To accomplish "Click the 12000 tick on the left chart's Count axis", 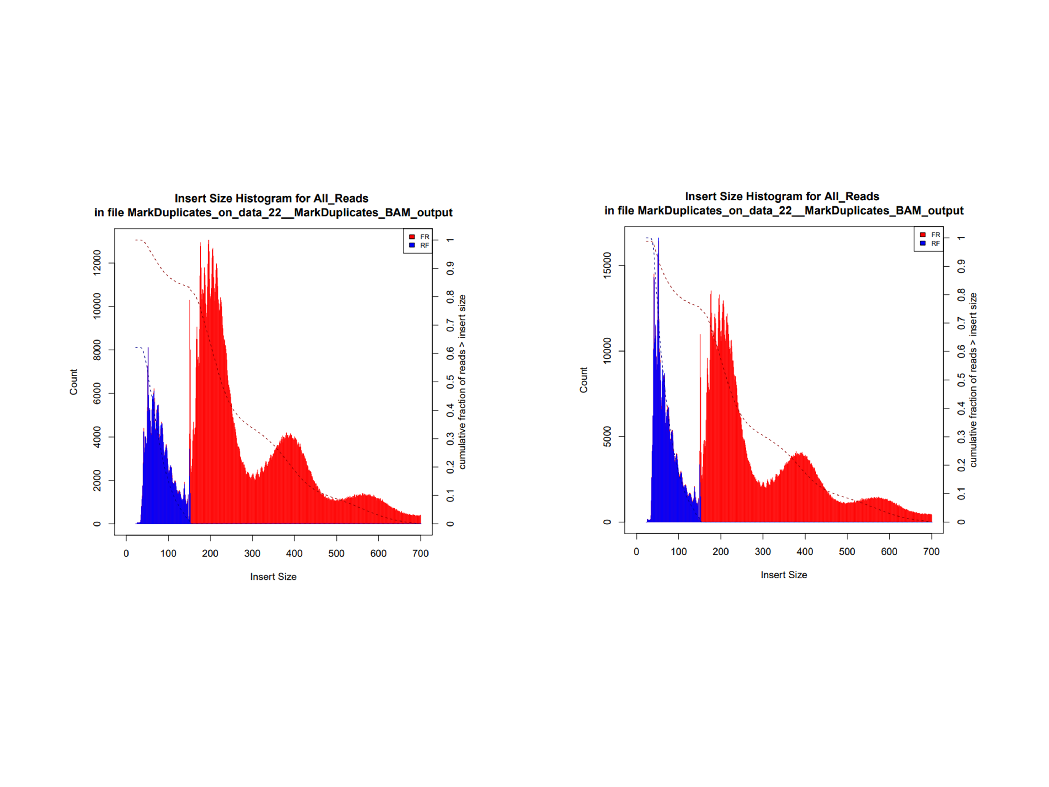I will coord(97,263).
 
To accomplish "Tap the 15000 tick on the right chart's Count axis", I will coord(607,266).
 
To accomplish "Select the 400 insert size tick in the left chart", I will coord(294,553).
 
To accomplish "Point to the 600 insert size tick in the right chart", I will coord(889,551).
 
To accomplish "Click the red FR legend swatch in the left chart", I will coord(412,237).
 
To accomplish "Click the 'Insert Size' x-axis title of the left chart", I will coord(273,576).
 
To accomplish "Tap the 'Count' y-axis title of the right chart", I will coord(583,380).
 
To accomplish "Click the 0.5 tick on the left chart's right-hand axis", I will coord(450,382).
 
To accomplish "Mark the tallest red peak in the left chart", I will coord(209,241).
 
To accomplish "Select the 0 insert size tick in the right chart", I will coord(636,551).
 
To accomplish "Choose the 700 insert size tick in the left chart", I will coord(420,553).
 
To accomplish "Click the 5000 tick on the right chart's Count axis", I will coord(607,437).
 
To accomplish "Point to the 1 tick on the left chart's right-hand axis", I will coord(450,240).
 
